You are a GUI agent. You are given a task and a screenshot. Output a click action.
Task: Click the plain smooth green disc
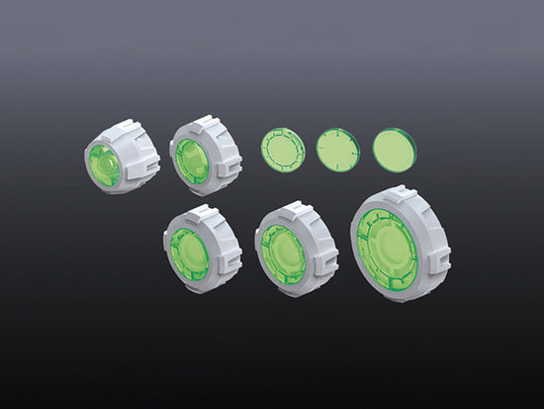coord(394,150)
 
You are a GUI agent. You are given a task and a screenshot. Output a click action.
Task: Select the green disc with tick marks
coord(336,151)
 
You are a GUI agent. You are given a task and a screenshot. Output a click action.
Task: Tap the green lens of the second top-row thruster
coord(190,160)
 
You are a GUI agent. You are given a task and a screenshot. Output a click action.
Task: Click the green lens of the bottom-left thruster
coord(188,254)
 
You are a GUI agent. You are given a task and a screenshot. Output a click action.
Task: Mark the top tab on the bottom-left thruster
coord(201,212)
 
